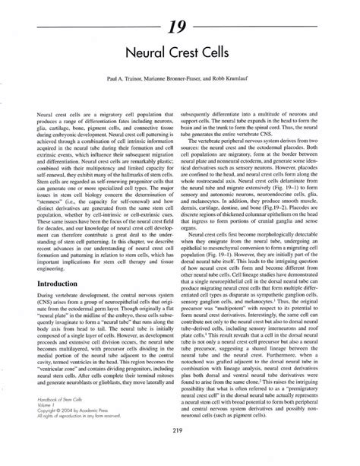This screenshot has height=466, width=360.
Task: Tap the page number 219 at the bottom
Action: pyautogui.click(x=180, y=451)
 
